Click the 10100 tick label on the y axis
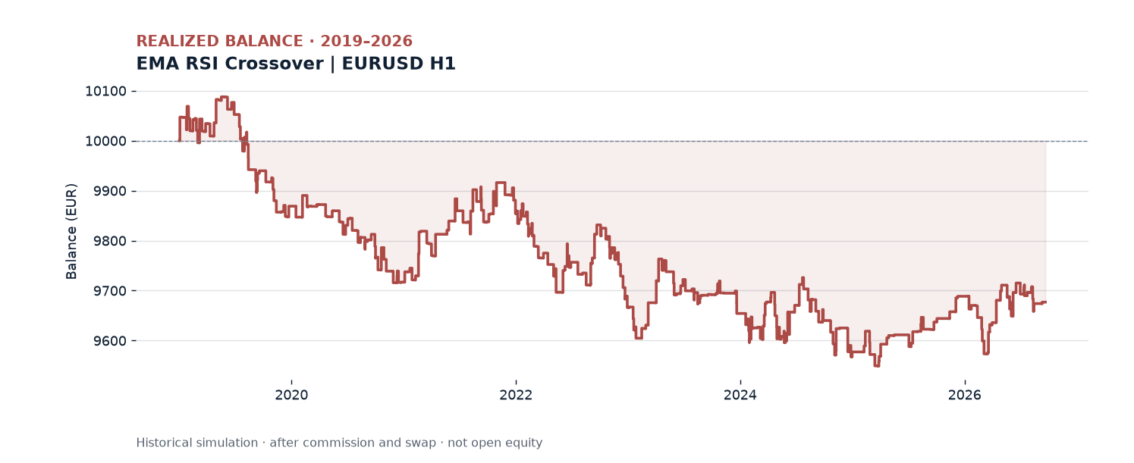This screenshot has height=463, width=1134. pyautogui.click(x=105, y=92)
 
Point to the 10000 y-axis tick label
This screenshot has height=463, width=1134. pyautogui.click(x=105, y=141)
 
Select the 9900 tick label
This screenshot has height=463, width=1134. pyautogui.click(x=110, y=191)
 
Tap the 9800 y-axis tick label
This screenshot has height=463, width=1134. pyautogui.click(x=110, y=241)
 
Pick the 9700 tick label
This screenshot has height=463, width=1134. pyautogui.click(x=110, y=291)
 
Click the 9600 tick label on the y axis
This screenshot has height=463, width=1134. pyautogui.click(x=110, y=340)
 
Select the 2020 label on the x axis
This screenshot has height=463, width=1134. pyautogui.click(x=291, y=396)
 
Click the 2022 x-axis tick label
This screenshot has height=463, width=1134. pyautogui.click(x=516, y=396)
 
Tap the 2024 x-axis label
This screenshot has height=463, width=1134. pyautogui.click(x=740, y=396)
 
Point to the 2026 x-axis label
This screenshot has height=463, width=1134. pyautogui.click(x=965, y=396)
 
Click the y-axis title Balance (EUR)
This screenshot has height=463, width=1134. pyautogui.click(x=71, y=231)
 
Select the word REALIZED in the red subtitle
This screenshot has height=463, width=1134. pyautogui.click(x=178, y=41)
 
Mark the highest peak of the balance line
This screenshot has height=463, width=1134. pyautogui.click(x=224, y=97)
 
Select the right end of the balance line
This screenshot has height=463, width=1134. pyautogui.click(x=1045, y=302)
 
